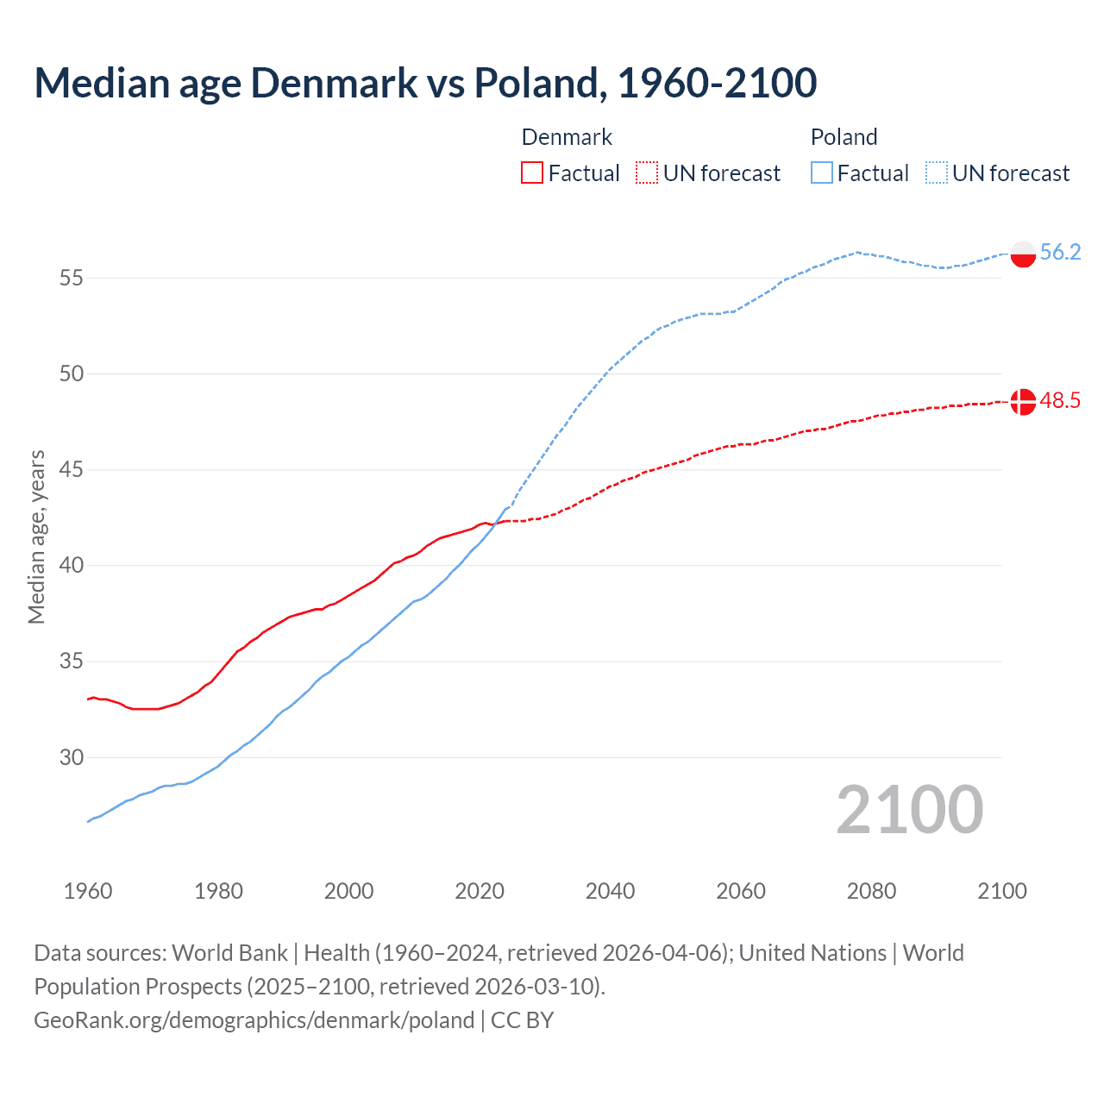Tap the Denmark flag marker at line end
click(1023, 402)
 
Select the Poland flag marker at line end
click(1023, 254)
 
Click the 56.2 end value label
click(1060, 252)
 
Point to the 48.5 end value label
click(1060, 401)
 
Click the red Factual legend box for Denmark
click(532, 173)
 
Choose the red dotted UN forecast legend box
click(647, 173)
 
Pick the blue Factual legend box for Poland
click(821, 173)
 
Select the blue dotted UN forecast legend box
click(936, 173)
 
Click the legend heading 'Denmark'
click(567, 137)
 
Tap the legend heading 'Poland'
click(844, 137)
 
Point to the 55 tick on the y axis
click(72, 278)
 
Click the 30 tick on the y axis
click(72, 757)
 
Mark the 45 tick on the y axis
click(72, 470)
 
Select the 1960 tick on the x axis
click(88, 891)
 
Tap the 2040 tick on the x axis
click(610, 891)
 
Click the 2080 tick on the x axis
click(871, 891)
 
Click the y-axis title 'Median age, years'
click(36, 536)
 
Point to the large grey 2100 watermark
click(909, 809)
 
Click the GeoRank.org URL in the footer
click(254, 1020)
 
